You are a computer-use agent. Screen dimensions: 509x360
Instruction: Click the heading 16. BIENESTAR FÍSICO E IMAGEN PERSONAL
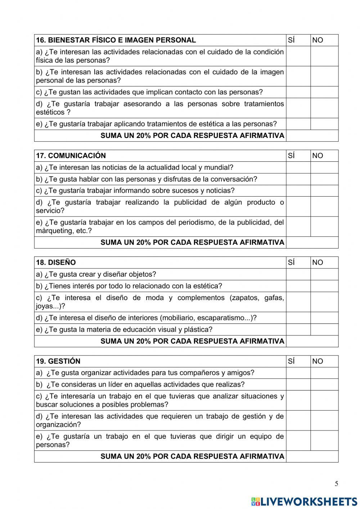[116, 40]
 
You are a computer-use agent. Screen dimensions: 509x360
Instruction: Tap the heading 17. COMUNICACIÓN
[71, 156]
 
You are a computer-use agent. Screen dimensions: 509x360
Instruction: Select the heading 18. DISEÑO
[56, 262]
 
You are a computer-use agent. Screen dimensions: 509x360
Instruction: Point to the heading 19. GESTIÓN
[58, 361]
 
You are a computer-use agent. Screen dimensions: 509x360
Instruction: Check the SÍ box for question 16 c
[298, 92]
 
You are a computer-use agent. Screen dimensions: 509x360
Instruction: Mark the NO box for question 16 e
[324, 124]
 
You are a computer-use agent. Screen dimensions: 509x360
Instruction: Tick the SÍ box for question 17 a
[298, 168]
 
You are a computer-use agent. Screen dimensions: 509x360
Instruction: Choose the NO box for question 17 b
[324, 179]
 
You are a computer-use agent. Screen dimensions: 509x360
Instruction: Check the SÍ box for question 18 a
[298, 274]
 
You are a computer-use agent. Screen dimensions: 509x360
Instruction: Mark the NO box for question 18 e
[324, 330]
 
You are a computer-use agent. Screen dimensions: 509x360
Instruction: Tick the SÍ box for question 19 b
[298, 384]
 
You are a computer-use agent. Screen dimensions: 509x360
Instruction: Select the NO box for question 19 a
[324, 373]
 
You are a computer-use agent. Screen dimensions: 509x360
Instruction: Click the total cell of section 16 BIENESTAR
[312, 136]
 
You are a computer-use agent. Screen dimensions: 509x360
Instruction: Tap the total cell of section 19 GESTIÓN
[312, 456]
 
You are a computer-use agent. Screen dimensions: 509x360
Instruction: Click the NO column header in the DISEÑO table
[318, 262]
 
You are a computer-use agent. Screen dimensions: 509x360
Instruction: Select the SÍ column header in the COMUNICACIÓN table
[292, 156]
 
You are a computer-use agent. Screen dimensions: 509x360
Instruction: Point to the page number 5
[336, 484]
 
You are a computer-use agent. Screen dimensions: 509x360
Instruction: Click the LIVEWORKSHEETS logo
[304, 501]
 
